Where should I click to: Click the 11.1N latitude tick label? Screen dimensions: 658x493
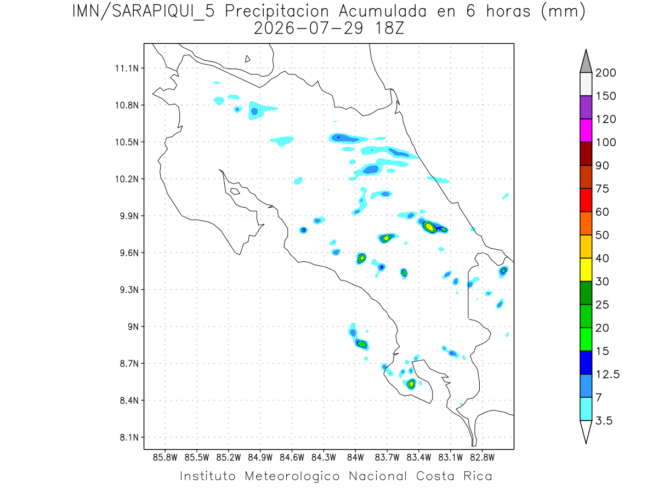click(127, 68)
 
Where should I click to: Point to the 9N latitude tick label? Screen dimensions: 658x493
click(133, 326)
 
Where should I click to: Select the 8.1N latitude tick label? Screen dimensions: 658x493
click(129, 437)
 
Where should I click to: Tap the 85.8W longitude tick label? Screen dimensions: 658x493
click(165, 458)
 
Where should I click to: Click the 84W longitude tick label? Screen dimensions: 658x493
click(355, 458)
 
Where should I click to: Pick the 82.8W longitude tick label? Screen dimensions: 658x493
click(482, 458)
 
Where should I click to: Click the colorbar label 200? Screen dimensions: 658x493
click(605, 73)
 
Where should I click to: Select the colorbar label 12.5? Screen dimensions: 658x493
click(608, 375)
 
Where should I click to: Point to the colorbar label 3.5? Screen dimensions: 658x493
click(604, 421)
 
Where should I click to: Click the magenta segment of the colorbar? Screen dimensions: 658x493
click(586, 130)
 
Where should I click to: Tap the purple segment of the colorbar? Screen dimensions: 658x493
click(586, 107)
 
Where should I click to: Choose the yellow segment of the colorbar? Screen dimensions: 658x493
click(586, 270)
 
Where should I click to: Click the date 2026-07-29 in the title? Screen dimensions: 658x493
click(309, 28)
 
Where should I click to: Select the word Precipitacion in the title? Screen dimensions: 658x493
click(277, 12)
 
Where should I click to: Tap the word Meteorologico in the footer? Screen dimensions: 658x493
click(292, 476)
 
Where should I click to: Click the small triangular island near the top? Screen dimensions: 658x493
click(247, 59)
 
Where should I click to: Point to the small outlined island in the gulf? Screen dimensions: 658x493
click(235, 191)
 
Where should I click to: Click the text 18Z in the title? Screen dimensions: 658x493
click(389, 28)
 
